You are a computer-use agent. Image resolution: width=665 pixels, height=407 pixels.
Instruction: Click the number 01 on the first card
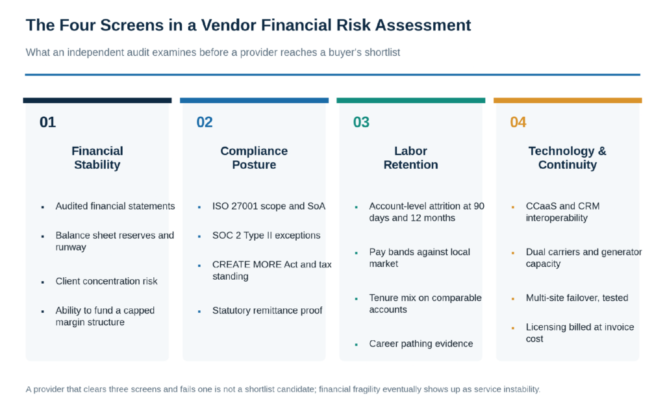47,122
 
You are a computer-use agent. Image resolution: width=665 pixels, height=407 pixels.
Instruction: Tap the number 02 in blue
205,122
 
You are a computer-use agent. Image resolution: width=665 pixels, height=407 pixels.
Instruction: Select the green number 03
361,122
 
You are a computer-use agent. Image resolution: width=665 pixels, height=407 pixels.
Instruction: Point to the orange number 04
518,122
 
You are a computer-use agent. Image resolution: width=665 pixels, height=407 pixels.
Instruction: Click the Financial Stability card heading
97,158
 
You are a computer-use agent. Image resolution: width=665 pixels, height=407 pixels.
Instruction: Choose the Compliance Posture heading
254,158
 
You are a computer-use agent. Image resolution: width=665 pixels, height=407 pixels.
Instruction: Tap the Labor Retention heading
410,158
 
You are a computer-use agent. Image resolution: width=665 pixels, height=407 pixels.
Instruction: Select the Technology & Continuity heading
568,158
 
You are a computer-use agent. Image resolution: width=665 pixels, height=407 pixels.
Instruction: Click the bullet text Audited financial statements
115,206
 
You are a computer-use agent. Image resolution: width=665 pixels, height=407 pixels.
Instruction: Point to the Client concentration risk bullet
107,281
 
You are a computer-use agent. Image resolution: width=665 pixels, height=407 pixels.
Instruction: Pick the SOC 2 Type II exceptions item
266,235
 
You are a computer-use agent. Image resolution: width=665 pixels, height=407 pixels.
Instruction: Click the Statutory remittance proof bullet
267,310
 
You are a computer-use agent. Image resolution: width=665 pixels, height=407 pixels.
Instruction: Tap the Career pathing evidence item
421,343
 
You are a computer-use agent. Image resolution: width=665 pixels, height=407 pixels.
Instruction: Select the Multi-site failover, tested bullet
577,297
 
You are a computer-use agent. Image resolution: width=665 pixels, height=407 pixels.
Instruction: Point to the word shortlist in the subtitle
381,52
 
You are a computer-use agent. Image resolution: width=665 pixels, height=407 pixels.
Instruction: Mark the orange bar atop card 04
568,101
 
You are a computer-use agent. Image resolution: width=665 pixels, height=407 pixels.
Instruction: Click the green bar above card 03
410,101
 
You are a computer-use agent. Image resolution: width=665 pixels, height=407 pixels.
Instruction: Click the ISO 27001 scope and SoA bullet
269,206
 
